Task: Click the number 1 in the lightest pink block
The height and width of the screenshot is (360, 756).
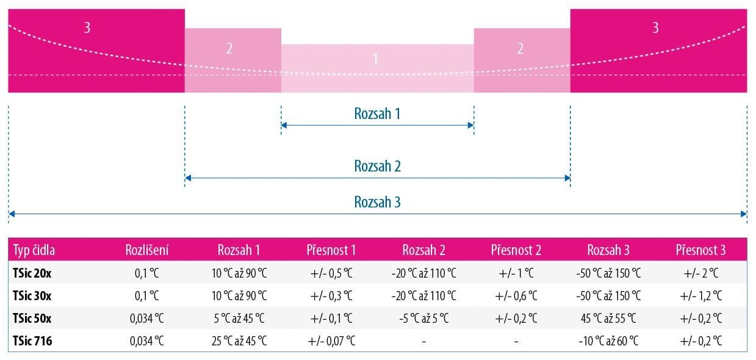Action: point(375,59)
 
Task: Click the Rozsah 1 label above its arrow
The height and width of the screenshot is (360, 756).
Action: point(377,113)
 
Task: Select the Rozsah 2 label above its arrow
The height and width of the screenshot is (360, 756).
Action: point(377,166)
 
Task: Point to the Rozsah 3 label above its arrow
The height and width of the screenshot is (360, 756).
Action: point(377,202)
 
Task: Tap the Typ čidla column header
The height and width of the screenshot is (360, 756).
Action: point(34,250)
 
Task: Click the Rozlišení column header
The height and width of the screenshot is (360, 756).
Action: point(147,250)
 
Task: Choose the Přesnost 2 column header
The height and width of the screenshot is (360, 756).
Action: point(516,250)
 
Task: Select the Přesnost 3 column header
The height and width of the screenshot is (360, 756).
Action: point(700,250)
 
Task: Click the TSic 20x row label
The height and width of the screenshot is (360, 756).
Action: point(32,273)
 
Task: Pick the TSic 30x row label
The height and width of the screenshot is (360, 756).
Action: point(32,295)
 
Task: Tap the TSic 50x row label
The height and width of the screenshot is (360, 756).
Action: point(32,318)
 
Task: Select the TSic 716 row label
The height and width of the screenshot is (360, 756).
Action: point(32,340)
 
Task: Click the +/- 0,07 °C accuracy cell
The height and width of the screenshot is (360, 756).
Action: point(331,340)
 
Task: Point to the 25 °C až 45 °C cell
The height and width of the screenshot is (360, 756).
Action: point(239,340)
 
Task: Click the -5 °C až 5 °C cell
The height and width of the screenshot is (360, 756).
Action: point(424,318)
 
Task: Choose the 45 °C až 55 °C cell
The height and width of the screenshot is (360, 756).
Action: point(608,318)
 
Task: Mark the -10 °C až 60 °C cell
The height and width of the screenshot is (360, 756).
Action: point(608,340)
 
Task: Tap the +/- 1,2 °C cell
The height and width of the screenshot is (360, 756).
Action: point(700,295)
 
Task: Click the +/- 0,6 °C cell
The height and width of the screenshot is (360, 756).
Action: point(516,295)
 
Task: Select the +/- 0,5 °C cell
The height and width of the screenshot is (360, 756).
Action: point(331,273)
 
